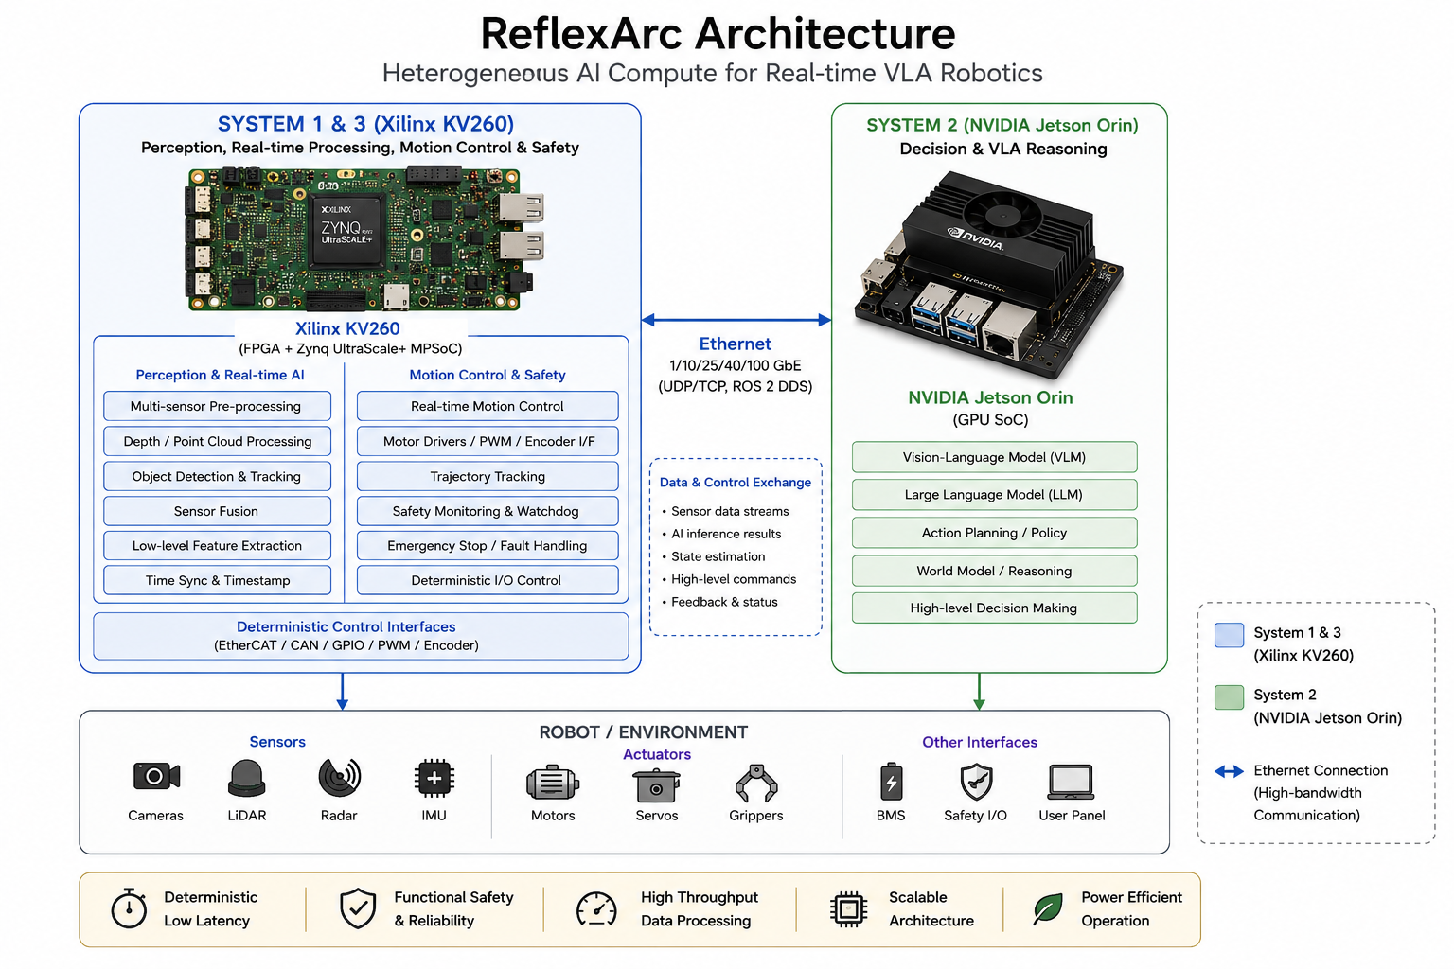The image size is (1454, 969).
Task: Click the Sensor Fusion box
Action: pyautogui.click(x=217, y=511)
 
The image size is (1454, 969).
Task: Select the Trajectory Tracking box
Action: pyautogui.click(x=488, y=476)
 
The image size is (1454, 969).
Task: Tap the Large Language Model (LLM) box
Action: pyautogui.click(x=995, y=495)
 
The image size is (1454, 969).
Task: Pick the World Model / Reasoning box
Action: pyautogui.click(x=995, y=571)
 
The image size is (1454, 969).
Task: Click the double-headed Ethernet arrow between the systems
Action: pyautogui.click(x=736, y=319)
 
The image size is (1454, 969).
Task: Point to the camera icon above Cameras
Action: pyautogui.click(x=156, y=776)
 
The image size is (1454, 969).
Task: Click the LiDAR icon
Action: pyautogui.click(x=247, y=778)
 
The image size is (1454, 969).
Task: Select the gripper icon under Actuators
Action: pyautogui.click(x=756, y=784)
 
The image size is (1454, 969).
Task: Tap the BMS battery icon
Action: pyautogui.click(x=891, y=782)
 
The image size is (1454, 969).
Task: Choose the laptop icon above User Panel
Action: pyautogui.click(x=1071, y=782)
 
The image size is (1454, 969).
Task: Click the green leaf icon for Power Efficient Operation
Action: pyautogui.click(x=1048, y=908)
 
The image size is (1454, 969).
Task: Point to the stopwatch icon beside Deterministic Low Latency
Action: pyautogui.click(x=129, y=908)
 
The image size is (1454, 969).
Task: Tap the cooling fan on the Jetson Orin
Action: pyautogui.click(x=1002, y=213)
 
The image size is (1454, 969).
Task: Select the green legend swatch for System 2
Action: pyautogui.click(x=1229, y=697)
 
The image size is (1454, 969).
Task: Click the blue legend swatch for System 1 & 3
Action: pyautogui.click(x=1229, y=635)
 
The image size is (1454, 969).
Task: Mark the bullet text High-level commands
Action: pyautogui.click(x=734, y=579)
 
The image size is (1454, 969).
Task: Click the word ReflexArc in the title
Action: pyautogui.click(x=581, y=34)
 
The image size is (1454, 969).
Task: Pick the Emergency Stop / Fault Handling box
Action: pyautogui.click(x=488, y=546)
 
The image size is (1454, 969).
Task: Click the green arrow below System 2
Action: pyautogui.click(x=980, y=691)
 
